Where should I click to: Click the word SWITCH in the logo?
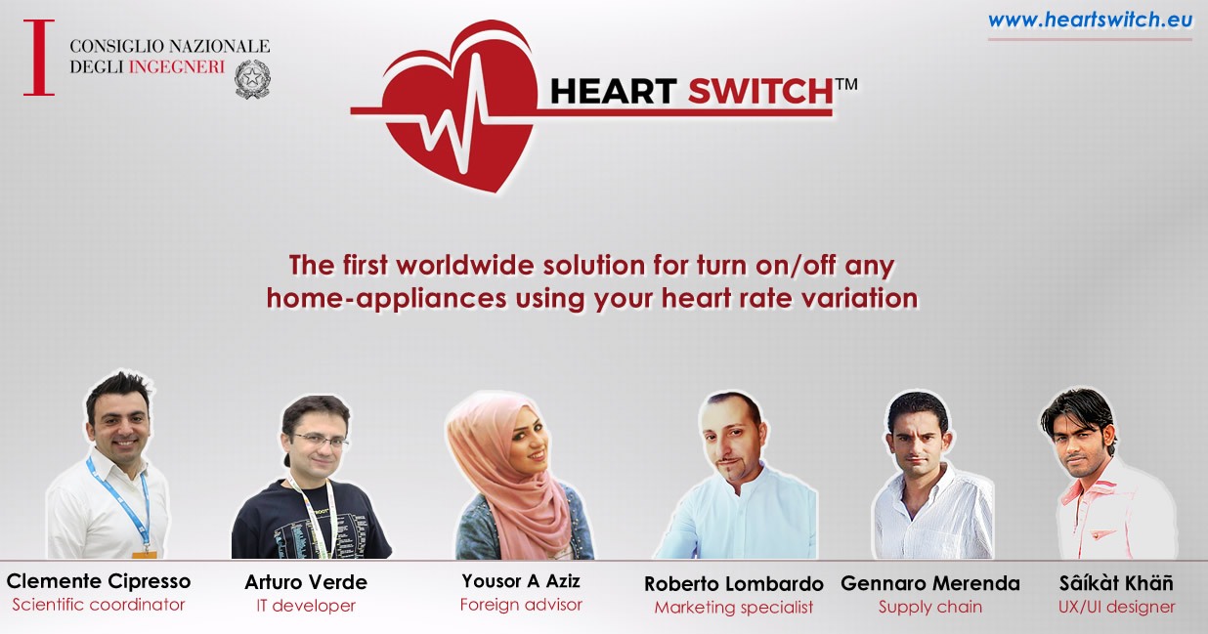(x=761, y=91)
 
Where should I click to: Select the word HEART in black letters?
(x=614, y=91)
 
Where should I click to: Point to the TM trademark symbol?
(x=846, y=85)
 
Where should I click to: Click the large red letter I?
(x=39, y=58)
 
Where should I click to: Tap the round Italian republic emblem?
(x=252, y=79)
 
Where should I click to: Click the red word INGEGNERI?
(x=177, y=66)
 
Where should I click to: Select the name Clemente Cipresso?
(x=99, y=581)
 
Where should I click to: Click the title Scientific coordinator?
(x=99, y=605)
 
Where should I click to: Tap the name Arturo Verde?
(x=306, y=582)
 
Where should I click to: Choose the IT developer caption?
(x=306, y=606)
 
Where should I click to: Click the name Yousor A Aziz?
(x=521, y=581)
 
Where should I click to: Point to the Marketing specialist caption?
(x=733, y=608)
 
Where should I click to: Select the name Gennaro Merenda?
(x=930, y=583)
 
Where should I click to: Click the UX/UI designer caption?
(x=1116, y=607)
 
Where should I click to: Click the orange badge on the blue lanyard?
(x=145, y=554)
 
